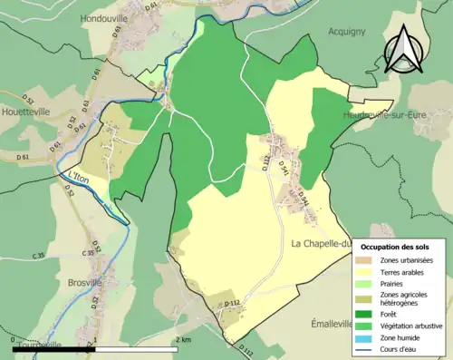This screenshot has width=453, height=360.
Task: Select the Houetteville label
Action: pos(41,120)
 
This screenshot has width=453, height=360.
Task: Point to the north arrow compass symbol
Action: pos(406,49)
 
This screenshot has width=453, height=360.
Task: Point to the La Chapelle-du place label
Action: pos(322,244)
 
